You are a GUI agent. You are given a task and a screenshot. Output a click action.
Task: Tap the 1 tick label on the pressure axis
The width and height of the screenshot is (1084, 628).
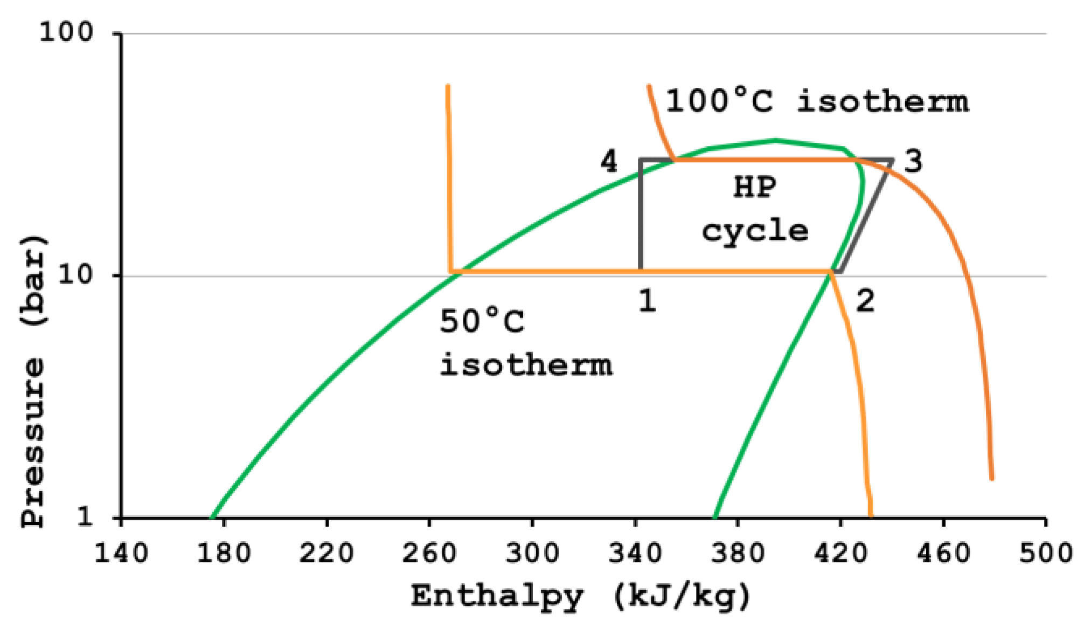click(x=85, y=517)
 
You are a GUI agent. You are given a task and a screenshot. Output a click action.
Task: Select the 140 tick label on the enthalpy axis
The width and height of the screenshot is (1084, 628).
click(x=121, y=554)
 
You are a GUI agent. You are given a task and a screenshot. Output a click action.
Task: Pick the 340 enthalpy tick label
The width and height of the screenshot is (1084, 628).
click(x=635, y=554)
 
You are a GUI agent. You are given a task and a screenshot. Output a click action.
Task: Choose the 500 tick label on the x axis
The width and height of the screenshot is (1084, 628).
click(x=1045, y=554)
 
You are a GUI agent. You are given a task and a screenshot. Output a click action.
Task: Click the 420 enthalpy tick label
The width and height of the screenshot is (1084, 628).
click(x=840, y=554)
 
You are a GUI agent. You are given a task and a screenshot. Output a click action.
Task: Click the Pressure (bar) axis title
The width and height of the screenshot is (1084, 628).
click(x=33, y=380)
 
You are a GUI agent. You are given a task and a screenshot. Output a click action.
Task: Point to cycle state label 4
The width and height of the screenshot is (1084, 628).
click(x=609, y=161)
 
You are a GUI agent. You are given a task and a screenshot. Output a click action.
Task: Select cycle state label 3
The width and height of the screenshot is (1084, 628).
click(x=913, y=161)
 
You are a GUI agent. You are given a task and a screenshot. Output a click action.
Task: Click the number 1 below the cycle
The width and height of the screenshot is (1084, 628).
click(x=648, y=300)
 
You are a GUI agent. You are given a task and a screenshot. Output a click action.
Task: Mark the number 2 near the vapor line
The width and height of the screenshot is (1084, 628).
click(x=865, y=300)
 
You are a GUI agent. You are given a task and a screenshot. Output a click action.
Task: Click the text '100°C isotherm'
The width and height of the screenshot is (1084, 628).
click(x=817, y=101)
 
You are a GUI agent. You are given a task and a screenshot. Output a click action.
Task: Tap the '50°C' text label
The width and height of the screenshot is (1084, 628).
click(x=482, y=322)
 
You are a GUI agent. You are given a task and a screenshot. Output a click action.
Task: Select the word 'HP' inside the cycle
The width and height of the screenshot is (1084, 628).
click(x=755, y=188)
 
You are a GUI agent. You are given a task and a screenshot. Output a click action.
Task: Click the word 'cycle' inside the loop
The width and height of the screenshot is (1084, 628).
click(x=755, y=231)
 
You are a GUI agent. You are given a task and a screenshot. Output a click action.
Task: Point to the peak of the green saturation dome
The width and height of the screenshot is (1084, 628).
click(x=775, y=141)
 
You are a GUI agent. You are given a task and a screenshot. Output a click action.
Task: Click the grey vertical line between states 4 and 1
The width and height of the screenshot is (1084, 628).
click(x=640, y=216)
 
